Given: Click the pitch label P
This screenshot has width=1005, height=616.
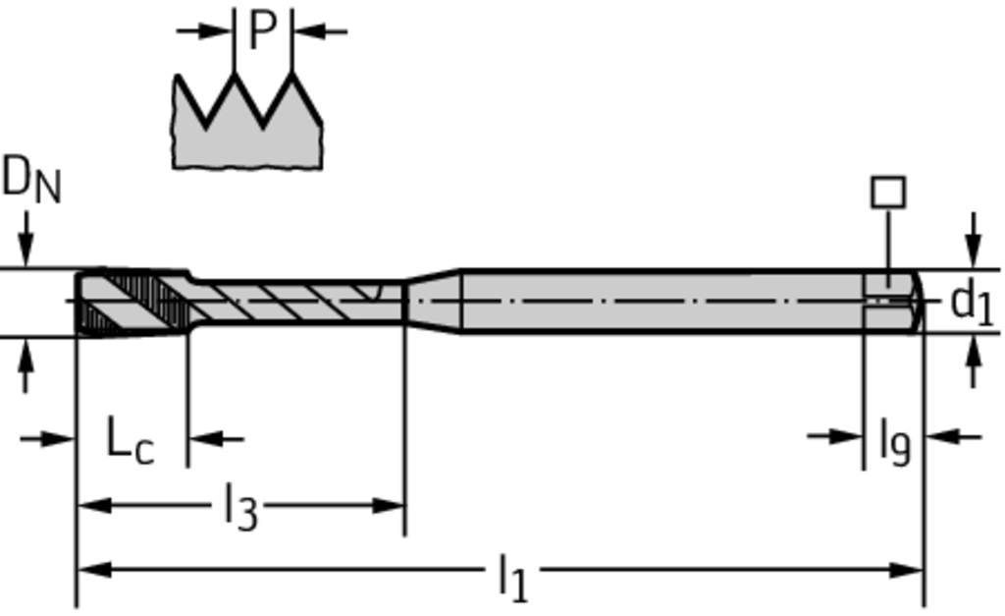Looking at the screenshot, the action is pyautogui.click(x=263, y=29).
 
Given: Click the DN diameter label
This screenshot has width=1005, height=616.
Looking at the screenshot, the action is pyautogui.click(x=31, y=180).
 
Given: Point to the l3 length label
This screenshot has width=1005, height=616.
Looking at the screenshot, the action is pyautogui.click(x=241, y=507).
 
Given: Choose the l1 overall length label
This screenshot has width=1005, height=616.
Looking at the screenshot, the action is pyautogui.click(x=512, y=578).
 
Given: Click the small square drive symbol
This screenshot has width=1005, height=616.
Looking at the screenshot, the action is pyautogui.click(x=888, y=193).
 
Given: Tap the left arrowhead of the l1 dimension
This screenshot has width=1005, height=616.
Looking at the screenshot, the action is pyautogui.click(x=93, y=569).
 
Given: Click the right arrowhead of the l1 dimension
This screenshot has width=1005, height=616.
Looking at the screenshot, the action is pyautogui.click(x=906, y=569).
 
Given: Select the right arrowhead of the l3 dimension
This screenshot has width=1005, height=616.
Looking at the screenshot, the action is pyautogui.click(x=388, y=506).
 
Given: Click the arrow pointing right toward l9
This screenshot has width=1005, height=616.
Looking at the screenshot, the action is pyautogui.click(x=834, y=437).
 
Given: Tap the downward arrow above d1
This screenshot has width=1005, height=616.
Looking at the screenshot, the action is pyautogui.click(x=974, y=240).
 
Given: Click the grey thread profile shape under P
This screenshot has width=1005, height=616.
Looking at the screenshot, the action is pyautogui.click(x=247, y=121).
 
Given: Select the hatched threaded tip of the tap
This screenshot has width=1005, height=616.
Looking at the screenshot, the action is pyautogui.click(x=133, y=303).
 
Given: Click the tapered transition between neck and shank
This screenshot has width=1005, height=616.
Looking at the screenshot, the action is pyautogui.click(x=433, y=301).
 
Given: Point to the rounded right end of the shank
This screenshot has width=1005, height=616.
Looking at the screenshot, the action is pyautogui.click(x=918, y=301).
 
